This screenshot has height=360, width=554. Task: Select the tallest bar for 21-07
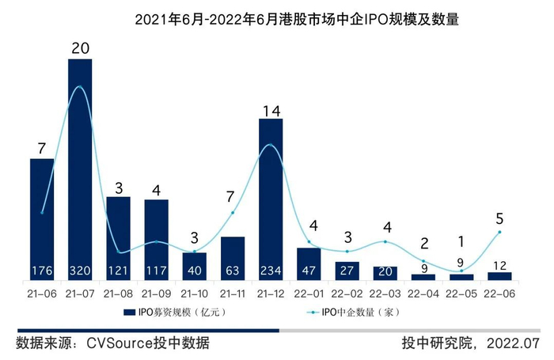80,158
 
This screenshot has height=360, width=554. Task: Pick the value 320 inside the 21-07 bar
80,270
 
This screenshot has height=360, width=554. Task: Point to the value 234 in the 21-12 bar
271,270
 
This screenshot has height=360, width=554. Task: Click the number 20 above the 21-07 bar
80,47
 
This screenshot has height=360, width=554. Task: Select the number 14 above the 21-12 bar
271,110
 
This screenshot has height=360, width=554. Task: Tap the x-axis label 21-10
195,293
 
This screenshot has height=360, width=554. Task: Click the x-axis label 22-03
385,293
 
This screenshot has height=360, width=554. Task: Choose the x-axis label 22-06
499,293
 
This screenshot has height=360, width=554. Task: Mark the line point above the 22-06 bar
499,232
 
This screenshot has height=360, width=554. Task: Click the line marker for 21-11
233,213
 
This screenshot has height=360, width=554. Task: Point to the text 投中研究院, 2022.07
469,343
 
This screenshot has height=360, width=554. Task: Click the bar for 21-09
156,237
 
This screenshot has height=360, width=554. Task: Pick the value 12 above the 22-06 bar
499,263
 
